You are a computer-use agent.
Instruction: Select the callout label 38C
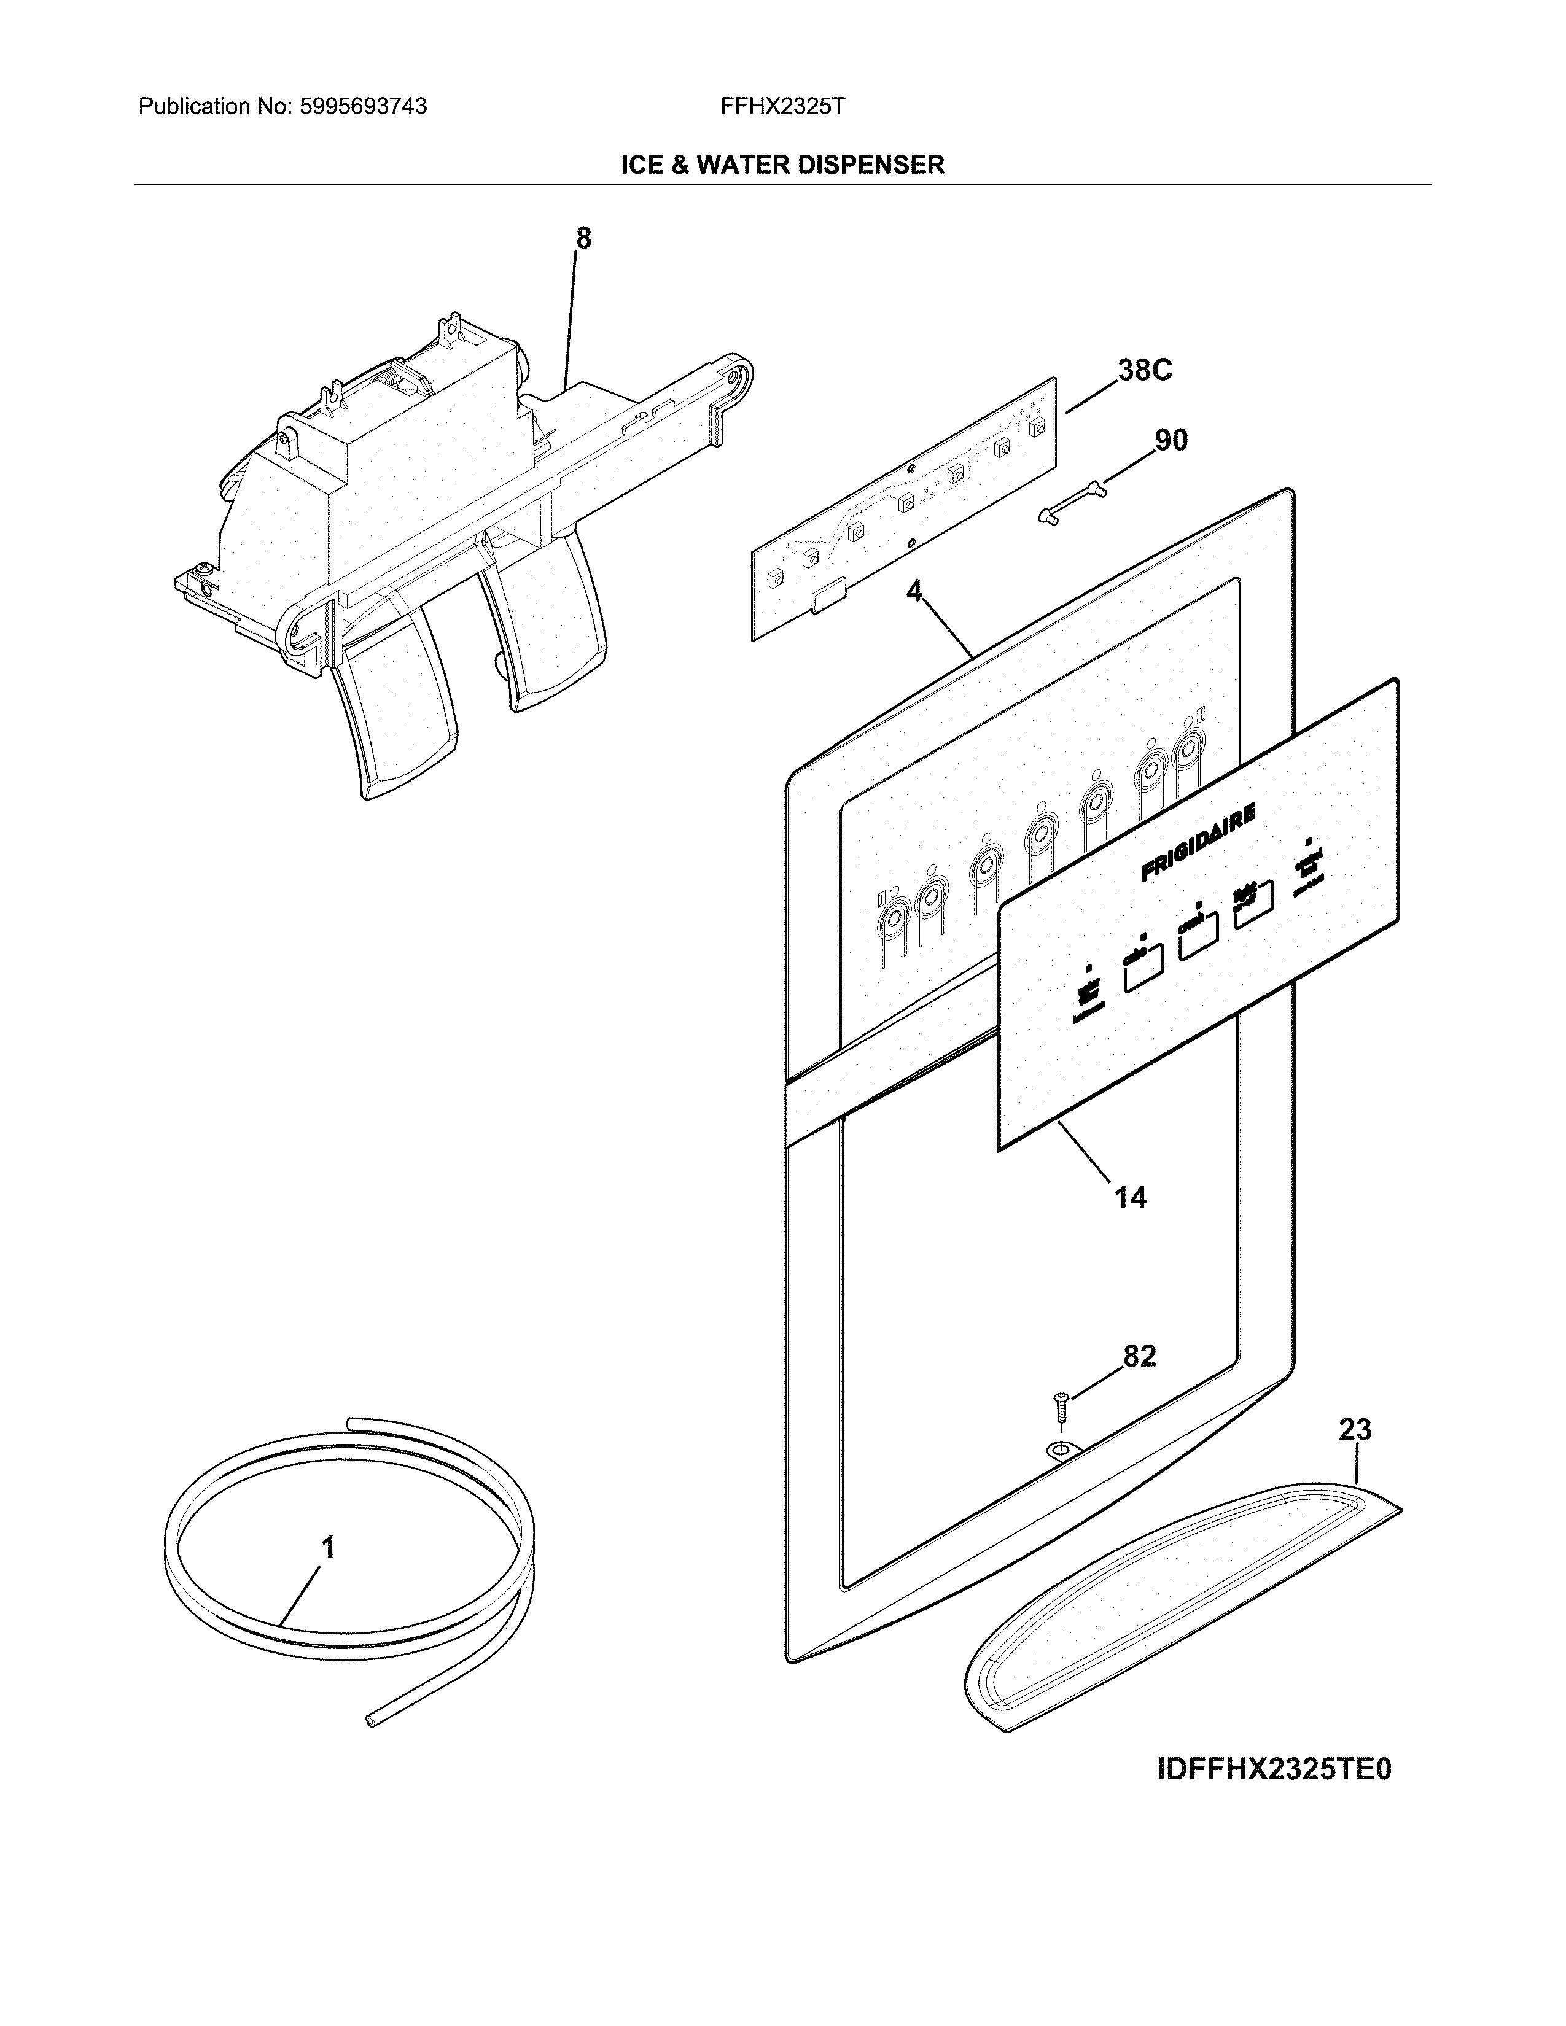(1144, 371)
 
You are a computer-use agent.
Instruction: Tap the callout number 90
(1171, 440)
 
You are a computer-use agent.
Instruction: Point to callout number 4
(915, 591)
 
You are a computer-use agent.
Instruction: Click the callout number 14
(1130, 1198)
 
